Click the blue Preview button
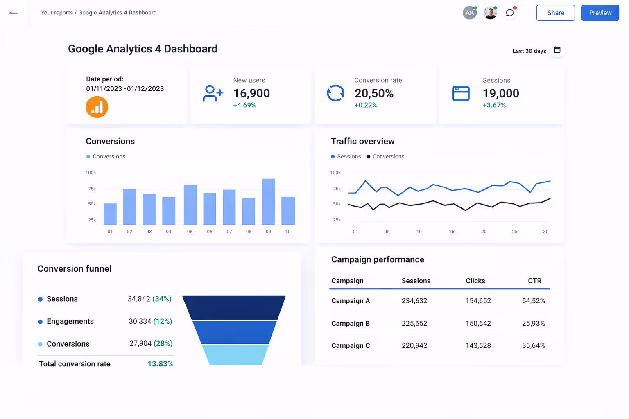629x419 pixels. pyautogui.click(x=600, y=13)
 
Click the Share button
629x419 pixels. pyautogui.click(x=555, y=13)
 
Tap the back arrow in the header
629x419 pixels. pyautogui.click(x=14, y=13)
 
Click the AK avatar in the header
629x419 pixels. pyautogui.click(x=469, y=13)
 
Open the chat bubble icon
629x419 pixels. pyautogui.click(x=509, y=13)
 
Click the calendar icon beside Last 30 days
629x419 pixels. pyautogui.click(x=557, y=50)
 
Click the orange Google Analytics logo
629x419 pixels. pyautogui.click(x=97, y=107)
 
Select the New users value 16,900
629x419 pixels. pyautogui.click(x=251, y=93)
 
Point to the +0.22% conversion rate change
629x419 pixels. pyautogui.click(x=366, y=105)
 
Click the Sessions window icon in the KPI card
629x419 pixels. pyautogui.click(x=461, y=93)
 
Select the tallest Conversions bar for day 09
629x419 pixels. pyautogui.click(x=268, y=201)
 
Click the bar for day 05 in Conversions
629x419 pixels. pyautogui.click(x=190, y=204)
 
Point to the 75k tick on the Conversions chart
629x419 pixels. pyautogui.click(x=92, y=189)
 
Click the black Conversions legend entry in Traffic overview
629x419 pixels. pyautogui.click(x=385, y=156)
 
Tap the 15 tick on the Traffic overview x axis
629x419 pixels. pyautogui.click(x=451, y=232)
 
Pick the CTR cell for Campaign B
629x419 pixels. pyautogui.click(x=533, y=323)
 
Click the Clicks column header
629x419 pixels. pyautogui.click(x=475, y=281)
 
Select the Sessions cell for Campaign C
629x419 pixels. pyautogui.click(x=414, y=345)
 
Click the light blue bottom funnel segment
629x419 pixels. pyautogui.click(x=235, y=355)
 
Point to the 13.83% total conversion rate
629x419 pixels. pyautogui.click(x=160, y=364)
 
